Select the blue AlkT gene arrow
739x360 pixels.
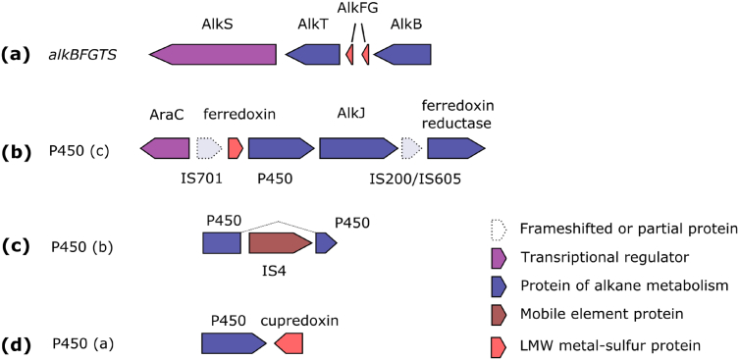coord(311,55)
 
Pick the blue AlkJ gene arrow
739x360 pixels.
coord(357,148)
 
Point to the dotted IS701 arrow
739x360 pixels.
coord(209,148)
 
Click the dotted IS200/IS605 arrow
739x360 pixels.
coord(412,148)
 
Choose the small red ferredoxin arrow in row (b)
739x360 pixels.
coord(236,148)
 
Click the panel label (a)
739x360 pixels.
coord(20,55)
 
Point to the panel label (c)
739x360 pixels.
coord(20,244)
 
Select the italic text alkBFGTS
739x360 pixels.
coord(83,55)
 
